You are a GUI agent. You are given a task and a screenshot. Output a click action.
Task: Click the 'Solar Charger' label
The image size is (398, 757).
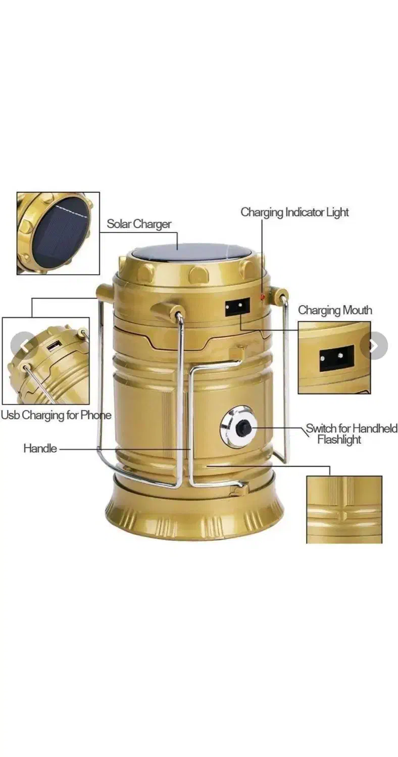[139, 224]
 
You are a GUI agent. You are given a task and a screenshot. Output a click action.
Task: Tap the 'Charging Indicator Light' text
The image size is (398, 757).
[294, 212]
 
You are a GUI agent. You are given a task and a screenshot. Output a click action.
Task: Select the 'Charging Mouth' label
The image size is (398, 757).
[335, 310]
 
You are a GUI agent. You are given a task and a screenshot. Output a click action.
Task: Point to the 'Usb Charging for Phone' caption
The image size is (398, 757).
[56, 415]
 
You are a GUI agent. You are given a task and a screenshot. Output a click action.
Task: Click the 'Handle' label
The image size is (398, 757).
[40, 449]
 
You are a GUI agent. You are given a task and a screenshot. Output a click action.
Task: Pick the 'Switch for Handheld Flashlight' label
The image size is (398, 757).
[352, 434]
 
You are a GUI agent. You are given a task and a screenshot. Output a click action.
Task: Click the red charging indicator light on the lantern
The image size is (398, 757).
[262, 297]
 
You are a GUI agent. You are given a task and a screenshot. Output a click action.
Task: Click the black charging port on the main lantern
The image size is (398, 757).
[237, 307]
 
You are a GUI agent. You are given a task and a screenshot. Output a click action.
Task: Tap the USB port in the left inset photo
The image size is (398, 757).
[54, 346]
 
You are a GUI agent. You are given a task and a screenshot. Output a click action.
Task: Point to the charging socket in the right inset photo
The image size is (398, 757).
[337, 358]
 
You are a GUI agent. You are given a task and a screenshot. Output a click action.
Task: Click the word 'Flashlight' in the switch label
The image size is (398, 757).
[339, 440]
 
